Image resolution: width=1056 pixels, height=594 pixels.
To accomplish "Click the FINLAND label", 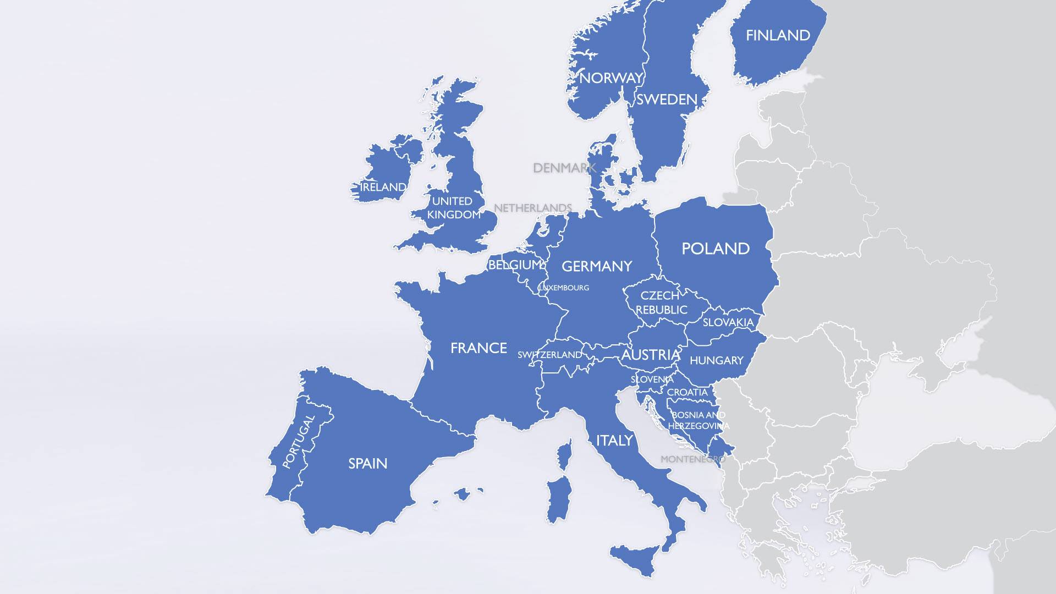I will coord(778,36).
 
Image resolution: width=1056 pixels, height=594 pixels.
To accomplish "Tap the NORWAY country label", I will coord(610,78).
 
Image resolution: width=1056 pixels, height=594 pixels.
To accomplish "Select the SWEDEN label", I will coord(667,100).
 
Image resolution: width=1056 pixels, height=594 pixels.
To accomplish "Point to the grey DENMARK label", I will coord(564,168).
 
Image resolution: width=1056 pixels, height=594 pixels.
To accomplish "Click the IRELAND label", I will coord(383,187).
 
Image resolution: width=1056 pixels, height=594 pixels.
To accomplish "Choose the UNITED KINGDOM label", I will coord(454,208).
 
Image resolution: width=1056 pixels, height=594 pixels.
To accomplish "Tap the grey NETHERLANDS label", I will coord(532,208).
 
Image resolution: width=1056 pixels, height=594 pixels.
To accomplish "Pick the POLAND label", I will coord(715,249).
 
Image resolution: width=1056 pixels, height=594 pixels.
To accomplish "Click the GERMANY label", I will coord(597,267).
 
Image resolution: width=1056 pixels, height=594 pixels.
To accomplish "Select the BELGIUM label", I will coord(515,265).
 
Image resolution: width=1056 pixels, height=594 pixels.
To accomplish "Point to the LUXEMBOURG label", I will coord(564,288).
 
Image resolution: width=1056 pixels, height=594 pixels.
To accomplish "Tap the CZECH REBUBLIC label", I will coord(661,302).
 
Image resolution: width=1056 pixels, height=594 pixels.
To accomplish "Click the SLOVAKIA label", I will coord(728,322).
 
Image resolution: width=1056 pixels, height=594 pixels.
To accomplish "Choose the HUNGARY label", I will coord(716,361).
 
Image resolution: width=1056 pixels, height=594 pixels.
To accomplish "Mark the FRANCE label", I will coord(479,348).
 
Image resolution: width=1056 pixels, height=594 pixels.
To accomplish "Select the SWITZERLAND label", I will coord(549,355).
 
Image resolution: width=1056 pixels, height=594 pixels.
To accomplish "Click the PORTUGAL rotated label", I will coord(299,442).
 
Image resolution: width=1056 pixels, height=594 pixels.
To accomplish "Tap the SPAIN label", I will coord(367,464).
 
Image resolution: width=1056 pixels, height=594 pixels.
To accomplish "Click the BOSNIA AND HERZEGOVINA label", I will coord(698,420).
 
